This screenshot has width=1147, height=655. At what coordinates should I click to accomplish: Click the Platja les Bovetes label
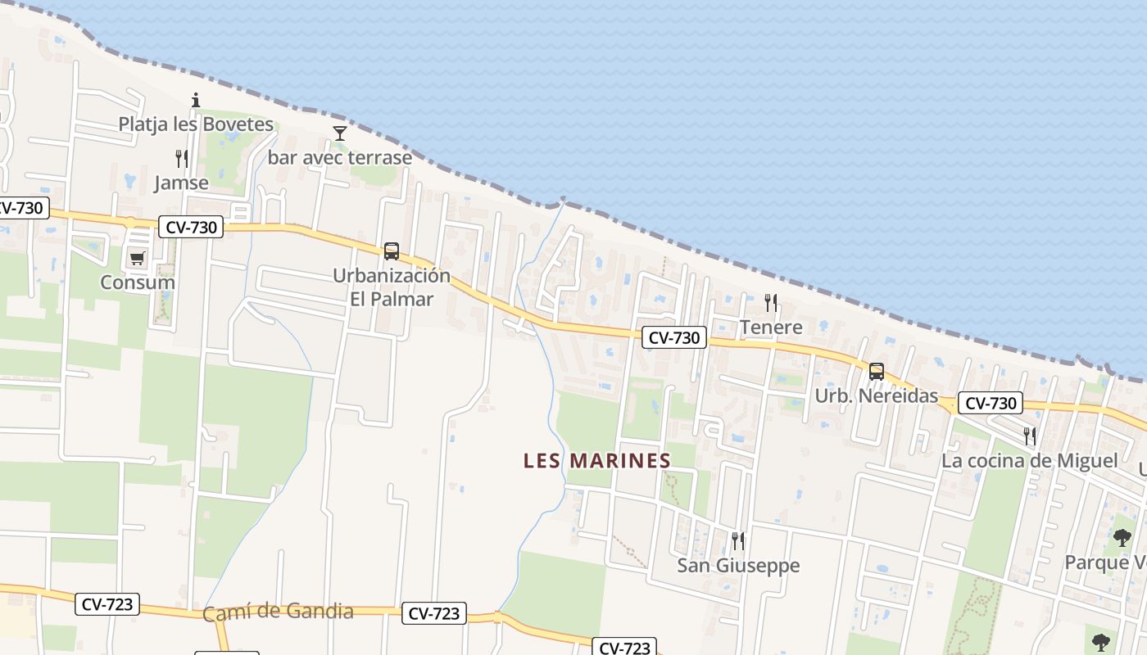196,124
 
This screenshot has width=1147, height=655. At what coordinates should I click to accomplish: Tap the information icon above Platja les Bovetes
196,101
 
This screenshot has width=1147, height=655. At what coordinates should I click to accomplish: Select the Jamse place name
181,183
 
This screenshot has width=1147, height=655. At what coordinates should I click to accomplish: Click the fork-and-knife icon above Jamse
182,158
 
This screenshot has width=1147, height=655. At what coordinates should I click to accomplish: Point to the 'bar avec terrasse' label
340,157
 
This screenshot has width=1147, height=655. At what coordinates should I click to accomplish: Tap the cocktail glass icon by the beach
340,133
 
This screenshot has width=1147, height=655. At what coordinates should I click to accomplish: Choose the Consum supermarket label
138,282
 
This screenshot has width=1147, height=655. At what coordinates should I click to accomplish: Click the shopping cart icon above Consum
137,259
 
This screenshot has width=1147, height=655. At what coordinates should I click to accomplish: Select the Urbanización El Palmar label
392,287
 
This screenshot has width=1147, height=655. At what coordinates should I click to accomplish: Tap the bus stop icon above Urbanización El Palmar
392,251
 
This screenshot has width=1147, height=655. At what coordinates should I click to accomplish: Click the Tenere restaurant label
771,327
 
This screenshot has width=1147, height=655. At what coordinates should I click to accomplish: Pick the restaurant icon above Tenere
771,303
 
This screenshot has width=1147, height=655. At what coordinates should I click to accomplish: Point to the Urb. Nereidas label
876,396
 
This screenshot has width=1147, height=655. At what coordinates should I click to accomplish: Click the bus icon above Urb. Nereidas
877,372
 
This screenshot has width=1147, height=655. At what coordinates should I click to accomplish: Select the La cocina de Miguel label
1029,460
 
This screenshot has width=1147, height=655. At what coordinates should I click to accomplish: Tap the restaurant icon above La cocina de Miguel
1030,436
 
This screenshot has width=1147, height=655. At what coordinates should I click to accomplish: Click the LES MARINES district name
597,461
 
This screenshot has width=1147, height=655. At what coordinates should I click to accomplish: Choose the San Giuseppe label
738,565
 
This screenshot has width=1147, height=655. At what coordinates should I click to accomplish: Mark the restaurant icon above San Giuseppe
738,540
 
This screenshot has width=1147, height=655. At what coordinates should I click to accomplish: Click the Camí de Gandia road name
278,612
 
